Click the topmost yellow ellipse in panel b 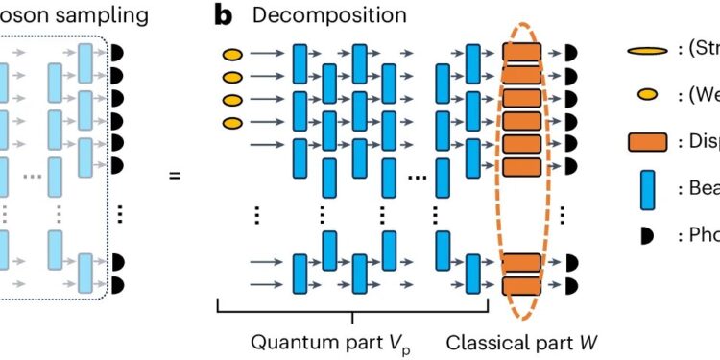coord(232,54)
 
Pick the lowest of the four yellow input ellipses coord(232,122)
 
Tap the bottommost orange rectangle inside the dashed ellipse coord(522,286)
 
